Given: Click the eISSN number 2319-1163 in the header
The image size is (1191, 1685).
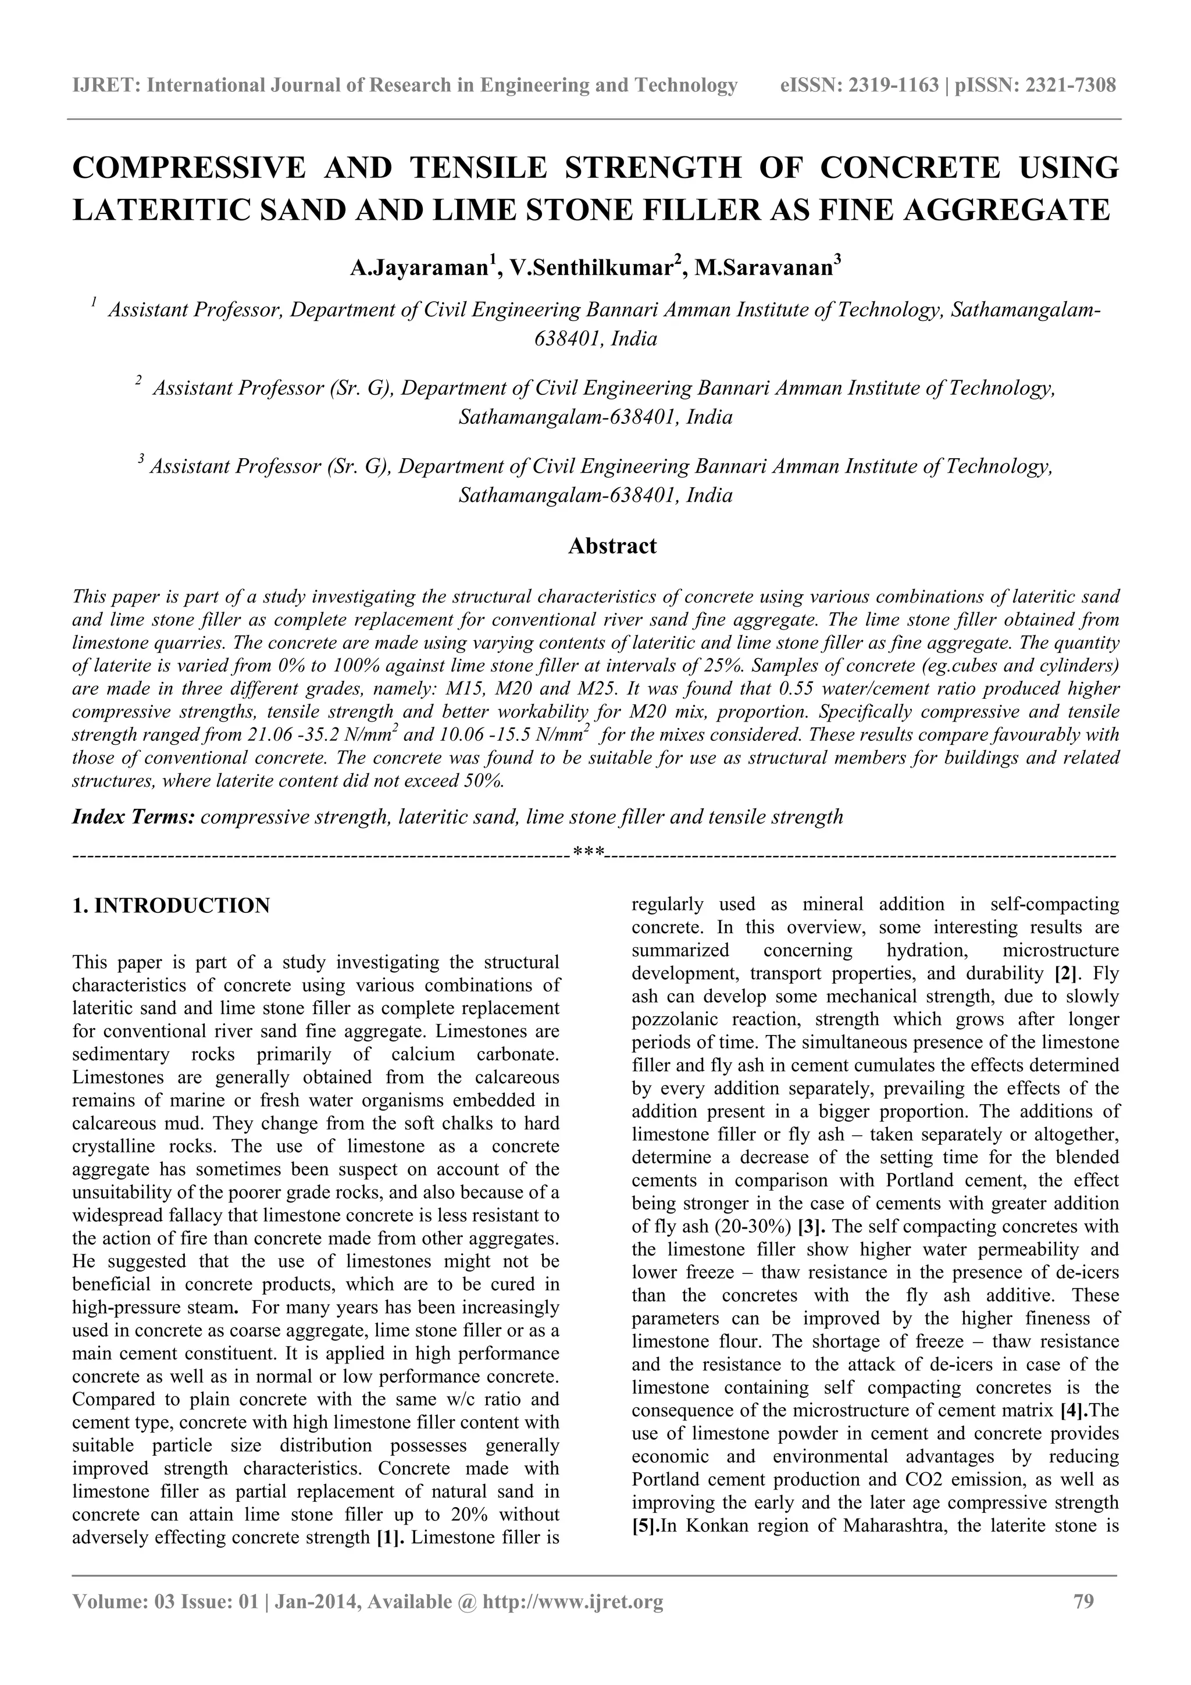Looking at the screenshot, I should point(893,86).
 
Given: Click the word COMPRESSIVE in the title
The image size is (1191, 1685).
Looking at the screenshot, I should point(188,168).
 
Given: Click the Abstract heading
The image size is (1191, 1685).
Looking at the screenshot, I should point(612,546).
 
